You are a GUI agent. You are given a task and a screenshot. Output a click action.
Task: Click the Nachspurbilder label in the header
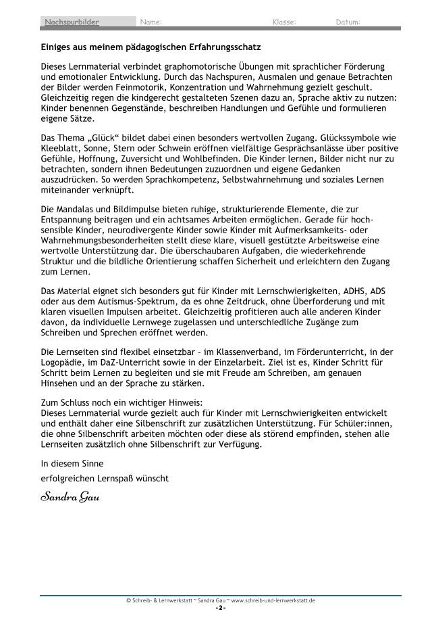[x=72, y=23]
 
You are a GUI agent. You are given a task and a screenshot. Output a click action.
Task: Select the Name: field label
[x=151, y=23]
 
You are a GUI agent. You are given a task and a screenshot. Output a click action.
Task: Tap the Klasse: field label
[x=283, y=23]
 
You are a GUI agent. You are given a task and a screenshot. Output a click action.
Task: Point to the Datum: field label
[x=348, y=23]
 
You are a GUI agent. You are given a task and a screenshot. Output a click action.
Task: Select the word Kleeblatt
[x=61, y=146]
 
